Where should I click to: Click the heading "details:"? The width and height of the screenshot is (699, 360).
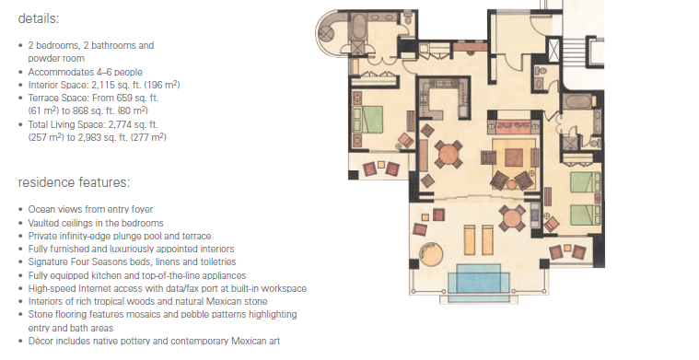39,18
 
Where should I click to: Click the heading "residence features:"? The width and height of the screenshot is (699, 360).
74,182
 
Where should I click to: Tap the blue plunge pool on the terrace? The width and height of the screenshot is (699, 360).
478,282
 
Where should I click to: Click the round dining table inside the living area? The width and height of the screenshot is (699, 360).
449,155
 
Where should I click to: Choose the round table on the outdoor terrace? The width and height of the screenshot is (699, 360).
512,218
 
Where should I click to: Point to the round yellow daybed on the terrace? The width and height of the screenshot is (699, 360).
432,255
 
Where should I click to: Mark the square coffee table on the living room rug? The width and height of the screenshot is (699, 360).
514,157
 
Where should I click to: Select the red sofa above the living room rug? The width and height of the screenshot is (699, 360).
514,126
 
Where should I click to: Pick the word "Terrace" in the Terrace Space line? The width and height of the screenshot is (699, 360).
43,98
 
